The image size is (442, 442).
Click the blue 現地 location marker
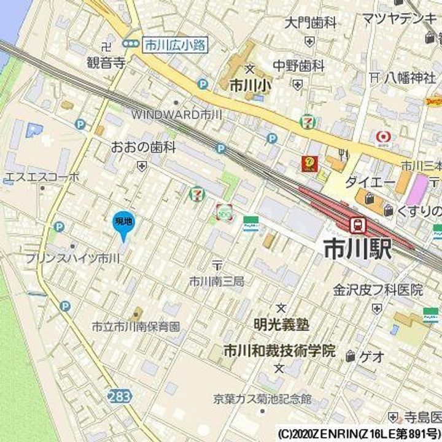coord(123,225)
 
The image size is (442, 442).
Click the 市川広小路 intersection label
coord(175,44)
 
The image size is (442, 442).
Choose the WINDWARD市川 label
coord(176,114)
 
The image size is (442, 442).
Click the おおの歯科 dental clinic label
coord(144,147)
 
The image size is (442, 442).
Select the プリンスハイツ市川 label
coord(72,258)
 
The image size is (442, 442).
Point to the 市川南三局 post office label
coord(216,281)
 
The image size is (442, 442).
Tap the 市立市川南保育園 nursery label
coord(136,327)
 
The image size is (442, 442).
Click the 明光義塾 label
coord(281,324)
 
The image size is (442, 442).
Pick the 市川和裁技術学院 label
coord(279,351)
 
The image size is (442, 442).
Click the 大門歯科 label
coord(311,23)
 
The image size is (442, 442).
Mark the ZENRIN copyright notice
coord(359,432)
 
